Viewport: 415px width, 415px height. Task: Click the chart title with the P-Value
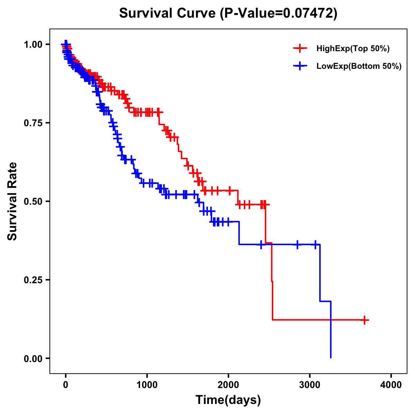(x=228, y=13)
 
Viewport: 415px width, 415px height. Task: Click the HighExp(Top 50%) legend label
(x=353, y=49)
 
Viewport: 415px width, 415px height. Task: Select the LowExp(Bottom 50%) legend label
(x=359, y=66)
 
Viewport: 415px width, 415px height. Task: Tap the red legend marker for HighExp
(x=300, y=49)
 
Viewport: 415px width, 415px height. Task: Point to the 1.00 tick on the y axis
(x=33, y=45)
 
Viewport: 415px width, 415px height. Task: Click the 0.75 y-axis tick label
(x=33, y=123)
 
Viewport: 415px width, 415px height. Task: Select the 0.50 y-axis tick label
(x=33, y=202)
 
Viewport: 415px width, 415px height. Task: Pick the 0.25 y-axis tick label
(x=33, y=280)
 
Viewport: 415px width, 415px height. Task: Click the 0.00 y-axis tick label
(x=33, y=359)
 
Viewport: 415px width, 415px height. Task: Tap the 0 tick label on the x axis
(x=66, y=385)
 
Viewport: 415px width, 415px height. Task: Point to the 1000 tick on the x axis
(x=147, y=385)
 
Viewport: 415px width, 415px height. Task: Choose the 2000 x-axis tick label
(x=228, y=385)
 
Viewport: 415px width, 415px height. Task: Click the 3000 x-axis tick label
(x=310, y=385)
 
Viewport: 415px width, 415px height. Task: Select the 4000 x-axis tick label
(x=391, y=385)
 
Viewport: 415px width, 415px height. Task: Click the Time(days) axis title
(x=228, y=400)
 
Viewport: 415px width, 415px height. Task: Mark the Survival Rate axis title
(x=12, y=201)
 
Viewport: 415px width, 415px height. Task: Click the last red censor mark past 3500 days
(x=364, y=320)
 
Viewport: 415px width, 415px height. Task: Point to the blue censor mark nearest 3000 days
(x=315, y=245)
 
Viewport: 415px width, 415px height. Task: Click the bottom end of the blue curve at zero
(x=331, y=357)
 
